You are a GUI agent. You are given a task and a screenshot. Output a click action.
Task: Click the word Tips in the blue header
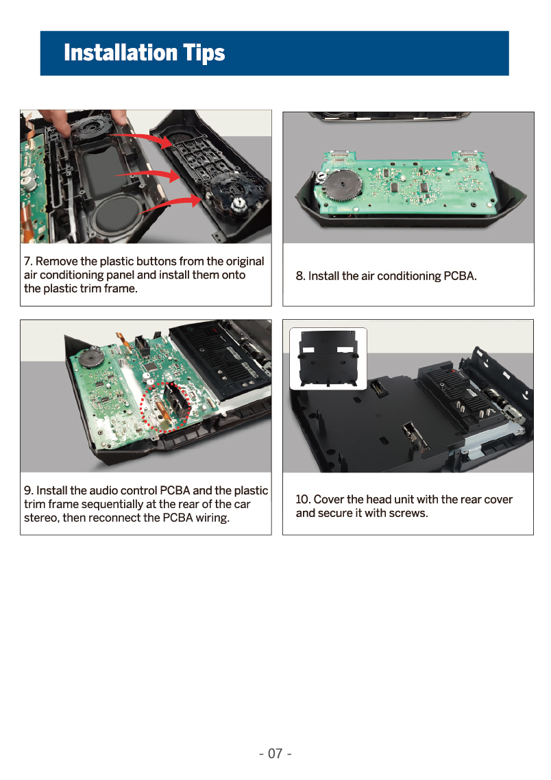(x=204, y=53)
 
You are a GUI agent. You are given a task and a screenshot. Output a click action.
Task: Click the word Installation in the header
(x=121, y=52)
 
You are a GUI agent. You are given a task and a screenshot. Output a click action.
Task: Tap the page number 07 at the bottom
(x=275, y=754)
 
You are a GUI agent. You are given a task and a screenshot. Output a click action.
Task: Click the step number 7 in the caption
(x=27, y=261)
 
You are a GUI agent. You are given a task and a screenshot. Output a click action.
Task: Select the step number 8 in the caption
(x=299, y=276)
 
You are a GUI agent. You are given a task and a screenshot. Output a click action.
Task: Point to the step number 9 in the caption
(x=28, y=490)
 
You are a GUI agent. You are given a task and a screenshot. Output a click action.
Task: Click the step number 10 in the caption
(x=303, y=499)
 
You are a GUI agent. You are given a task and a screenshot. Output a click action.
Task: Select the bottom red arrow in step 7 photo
(x=172, y=204)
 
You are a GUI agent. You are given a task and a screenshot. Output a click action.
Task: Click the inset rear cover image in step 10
(x=328, y=358)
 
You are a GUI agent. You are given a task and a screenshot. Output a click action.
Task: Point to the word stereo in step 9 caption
(x=41, y=518)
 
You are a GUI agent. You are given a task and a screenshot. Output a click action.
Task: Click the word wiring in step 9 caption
(x=212, y=518)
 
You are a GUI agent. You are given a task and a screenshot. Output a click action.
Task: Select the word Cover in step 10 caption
(x=328, y=499)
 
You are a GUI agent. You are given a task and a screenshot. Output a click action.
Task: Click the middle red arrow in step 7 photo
(x=147, y=175)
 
